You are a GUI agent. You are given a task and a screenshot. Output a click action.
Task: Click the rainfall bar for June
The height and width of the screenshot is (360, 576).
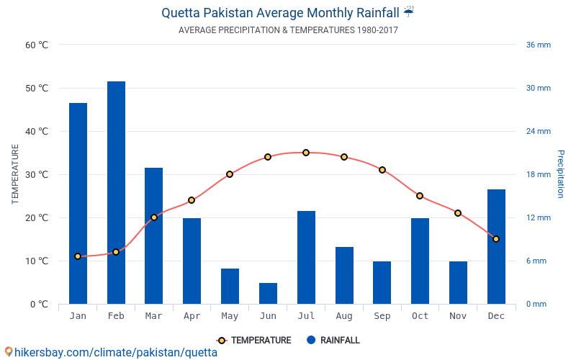268,293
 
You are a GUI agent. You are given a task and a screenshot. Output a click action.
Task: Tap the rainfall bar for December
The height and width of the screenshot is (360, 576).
496,246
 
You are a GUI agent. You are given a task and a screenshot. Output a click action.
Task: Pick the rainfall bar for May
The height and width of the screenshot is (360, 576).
230,286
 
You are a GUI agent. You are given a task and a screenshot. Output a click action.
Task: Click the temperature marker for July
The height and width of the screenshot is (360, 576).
306,153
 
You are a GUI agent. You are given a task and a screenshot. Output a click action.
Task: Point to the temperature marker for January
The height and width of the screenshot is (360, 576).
78,256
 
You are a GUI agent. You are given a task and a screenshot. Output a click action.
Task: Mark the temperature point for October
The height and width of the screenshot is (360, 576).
420,196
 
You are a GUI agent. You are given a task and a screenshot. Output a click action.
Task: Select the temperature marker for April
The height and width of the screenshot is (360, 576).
192,200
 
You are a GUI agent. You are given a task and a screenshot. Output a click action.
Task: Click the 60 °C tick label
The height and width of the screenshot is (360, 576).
37,45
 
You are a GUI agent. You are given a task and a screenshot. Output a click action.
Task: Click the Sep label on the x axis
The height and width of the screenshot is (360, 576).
382,316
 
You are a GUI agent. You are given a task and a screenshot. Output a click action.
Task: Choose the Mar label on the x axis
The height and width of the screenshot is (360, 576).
153,316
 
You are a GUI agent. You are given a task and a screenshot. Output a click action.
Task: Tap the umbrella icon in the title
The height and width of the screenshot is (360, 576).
409,12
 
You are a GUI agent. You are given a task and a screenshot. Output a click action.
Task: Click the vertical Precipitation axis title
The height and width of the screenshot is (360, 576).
561,174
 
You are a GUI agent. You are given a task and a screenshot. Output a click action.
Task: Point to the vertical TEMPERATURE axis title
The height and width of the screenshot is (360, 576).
15,174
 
